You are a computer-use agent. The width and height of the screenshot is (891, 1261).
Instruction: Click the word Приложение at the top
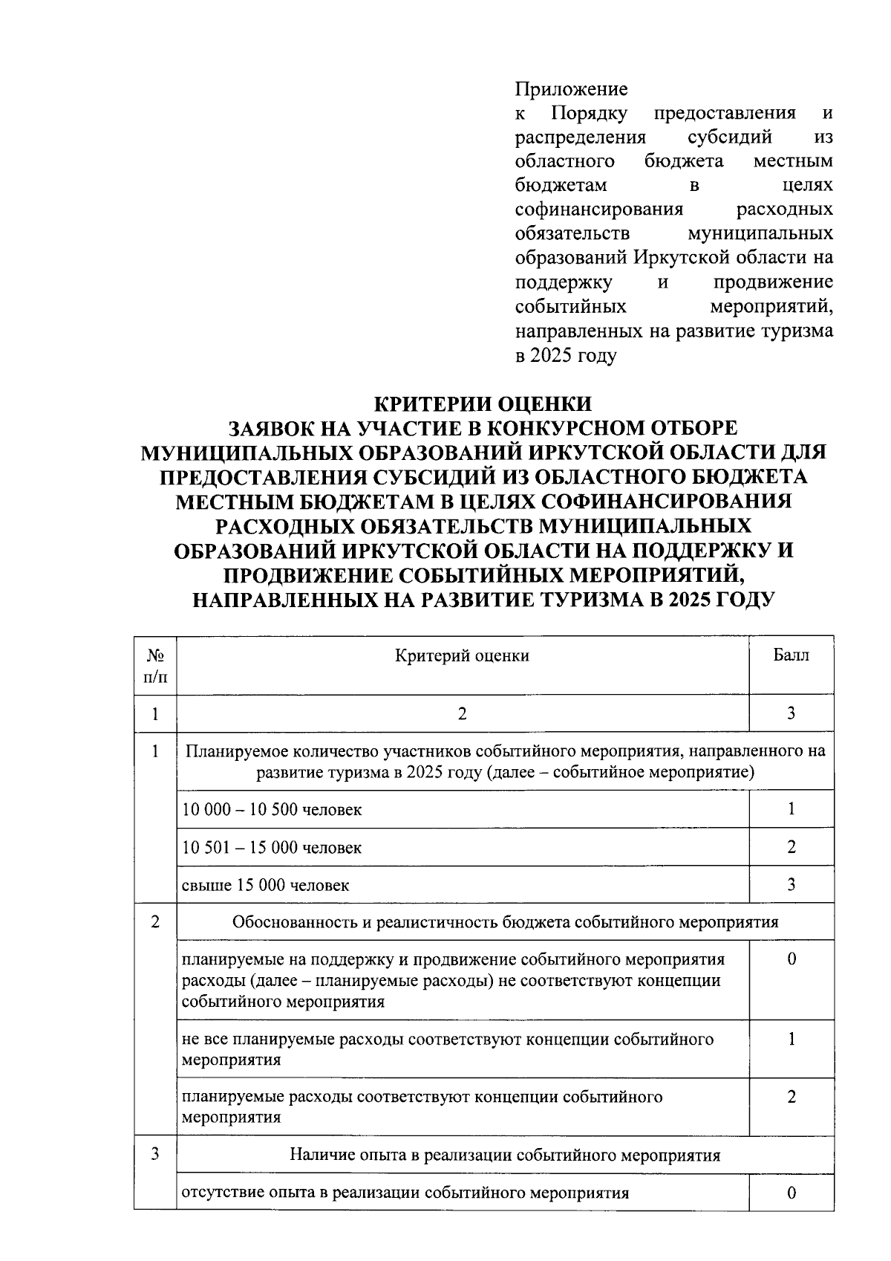[571, 90]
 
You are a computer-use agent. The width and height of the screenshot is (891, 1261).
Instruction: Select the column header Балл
[791, 655]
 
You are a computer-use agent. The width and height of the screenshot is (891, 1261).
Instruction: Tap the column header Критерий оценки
[462, 655]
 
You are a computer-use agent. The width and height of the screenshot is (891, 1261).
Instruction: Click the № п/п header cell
[155, 666]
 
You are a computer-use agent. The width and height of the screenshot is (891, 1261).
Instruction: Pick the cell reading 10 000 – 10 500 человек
[272, 810]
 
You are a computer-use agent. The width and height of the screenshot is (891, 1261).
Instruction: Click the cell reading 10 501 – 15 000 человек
[272, 848]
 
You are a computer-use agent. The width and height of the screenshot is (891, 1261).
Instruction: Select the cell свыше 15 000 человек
[265, 886]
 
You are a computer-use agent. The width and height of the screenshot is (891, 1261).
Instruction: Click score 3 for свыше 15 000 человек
[791, 884]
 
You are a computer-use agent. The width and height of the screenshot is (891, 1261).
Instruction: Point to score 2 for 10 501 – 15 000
[791, 847]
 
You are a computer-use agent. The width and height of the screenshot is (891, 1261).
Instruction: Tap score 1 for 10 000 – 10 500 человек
[791, 809]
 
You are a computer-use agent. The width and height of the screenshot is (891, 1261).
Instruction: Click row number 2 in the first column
[154, 922]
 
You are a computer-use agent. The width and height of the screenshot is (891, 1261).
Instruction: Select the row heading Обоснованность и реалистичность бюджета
[505, 923]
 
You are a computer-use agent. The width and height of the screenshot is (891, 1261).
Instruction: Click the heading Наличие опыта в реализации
[505, 1155]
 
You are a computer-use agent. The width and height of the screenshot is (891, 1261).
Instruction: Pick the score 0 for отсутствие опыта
[791, 1193]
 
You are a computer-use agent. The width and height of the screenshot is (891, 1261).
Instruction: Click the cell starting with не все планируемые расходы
[447, 1048]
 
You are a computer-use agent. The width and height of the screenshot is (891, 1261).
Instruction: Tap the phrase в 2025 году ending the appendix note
[566, 356]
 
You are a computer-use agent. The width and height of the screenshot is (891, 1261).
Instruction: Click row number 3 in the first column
[154, 1155]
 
